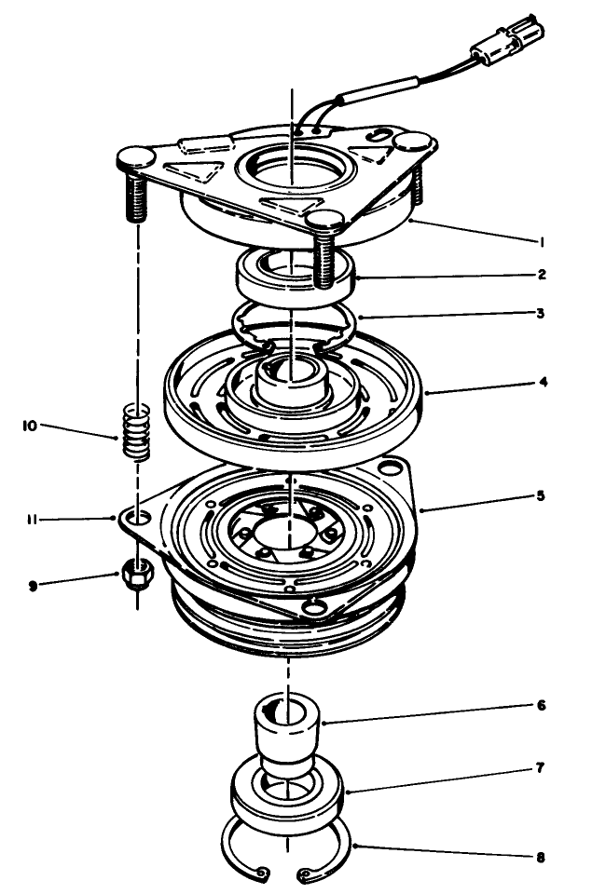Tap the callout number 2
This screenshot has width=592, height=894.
pyautogui.click(x=542, y=275)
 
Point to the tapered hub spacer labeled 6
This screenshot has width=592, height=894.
pyautogui.click(x=289, y=732)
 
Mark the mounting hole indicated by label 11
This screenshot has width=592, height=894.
pyautogui.click(x=137, y=515)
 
